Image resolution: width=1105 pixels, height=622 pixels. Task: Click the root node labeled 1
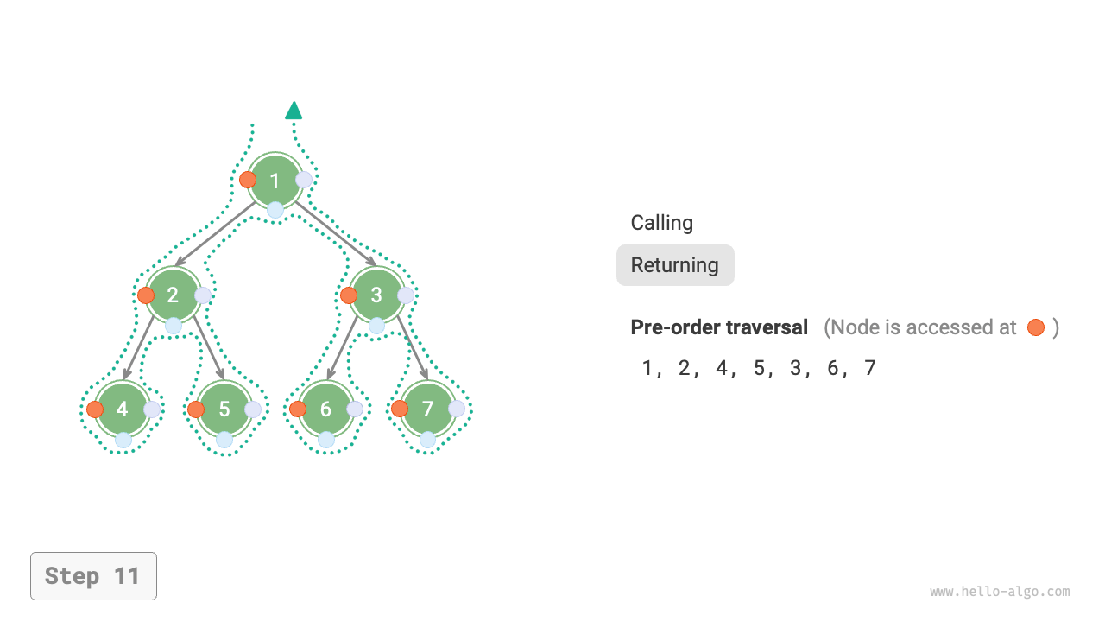pyautogui.click(x=275, y=181)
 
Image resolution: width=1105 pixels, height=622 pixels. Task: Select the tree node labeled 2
pyautogui.click(x=174, y=295)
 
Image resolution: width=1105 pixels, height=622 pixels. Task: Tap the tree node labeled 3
pyautogui.click(x=376, y=295)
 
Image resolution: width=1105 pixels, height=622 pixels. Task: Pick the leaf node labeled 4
pyautogui.click(x=123, y=409)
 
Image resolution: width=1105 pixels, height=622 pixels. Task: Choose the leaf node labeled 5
pyautogui.click(x=224, y=409)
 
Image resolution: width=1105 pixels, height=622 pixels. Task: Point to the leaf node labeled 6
pyautogui.click(x=325, y=409)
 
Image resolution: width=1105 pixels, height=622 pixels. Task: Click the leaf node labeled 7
pyautogui.click(x=427, y=409)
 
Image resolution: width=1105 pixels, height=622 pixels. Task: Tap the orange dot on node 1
pyautogui.click(x=248, y=180)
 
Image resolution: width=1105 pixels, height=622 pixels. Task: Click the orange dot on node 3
pyautogui.click(x=349, y=295)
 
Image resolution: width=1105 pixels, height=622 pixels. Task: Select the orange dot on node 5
pyautogui.click(x=196, y=409)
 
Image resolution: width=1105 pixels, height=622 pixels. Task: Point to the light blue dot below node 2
pyautogui.click(x=174, y=326)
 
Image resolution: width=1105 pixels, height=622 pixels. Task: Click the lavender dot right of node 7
pyautogui.click(x=457, y=409)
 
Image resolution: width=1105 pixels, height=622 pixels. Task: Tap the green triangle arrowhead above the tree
pyautogui.click(x=294, y=110)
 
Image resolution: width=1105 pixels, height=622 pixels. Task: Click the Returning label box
pyautogui.click(x=675, y=265)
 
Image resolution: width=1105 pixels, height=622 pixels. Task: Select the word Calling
pyautogui.click(x=662, y=223)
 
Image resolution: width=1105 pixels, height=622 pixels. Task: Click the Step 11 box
pyautogui.click(x=93, y=576)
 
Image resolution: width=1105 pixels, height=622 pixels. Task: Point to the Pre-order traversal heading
pyautogui.click(x=719, y=327)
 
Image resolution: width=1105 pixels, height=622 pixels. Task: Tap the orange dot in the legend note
pyautogui.click(x=1036, y=327)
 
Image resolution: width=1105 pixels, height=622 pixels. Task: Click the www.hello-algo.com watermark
pyautogui.click(x=1000, y=592)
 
